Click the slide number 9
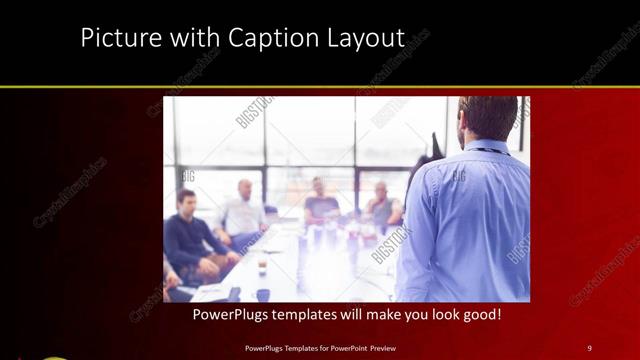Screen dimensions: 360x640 point(590,347)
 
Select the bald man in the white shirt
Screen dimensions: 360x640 point(243,211)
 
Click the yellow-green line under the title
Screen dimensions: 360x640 point(320,88)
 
